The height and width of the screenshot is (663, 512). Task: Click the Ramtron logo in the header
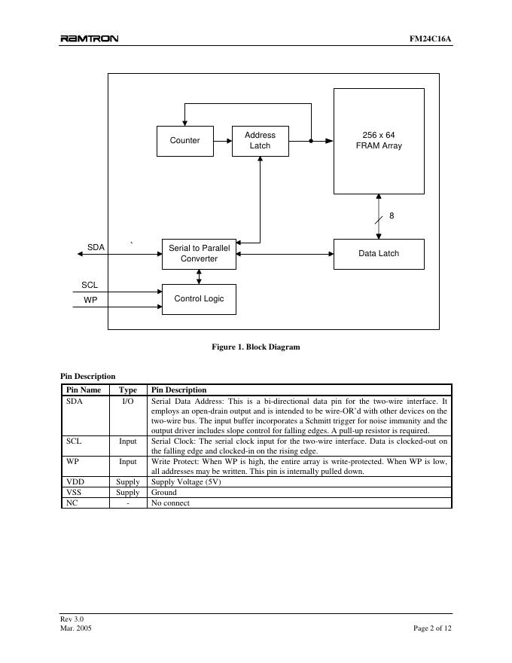[x=89, y=39]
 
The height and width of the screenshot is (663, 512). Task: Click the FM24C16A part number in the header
[x=431, y=39]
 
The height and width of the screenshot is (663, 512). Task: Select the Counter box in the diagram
[x=184, y=141]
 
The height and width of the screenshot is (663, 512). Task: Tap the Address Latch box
[x=260, y=141]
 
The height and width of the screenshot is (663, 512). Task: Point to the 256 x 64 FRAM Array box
[x=379, y=141]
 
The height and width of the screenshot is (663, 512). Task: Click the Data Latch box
[x=379, y=254]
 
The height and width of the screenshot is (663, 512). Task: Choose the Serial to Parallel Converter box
[x=199, y=254]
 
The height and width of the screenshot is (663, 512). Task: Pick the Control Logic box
[x=199, y=299]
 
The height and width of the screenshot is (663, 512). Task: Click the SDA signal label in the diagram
[x=96, y=247]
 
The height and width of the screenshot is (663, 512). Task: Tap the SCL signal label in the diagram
[x=90, y=286]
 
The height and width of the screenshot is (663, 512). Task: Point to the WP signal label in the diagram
[x=90, y=300]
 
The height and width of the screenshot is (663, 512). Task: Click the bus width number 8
[x=392, y=216]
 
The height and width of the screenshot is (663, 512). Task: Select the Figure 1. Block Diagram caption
[x=256, y=347]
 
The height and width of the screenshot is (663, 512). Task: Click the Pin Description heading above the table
[x=88, y=376]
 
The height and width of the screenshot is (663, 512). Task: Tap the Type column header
[x=128, y=390]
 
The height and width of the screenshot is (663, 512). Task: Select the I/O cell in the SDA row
[x=128, y=402]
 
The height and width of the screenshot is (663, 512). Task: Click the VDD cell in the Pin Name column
[x=75, y=481]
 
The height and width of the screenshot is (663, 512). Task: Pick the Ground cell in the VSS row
[x=164, y=492]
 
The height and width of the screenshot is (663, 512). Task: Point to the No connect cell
[x=170, y=503]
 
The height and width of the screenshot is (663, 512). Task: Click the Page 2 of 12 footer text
[x=432, y=628]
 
